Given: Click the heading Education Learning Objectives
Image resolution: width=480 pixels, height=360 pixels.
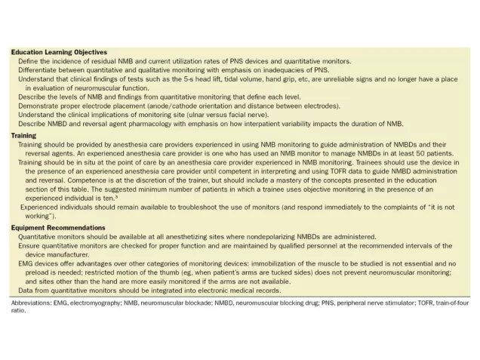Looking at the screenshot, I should [59, 52].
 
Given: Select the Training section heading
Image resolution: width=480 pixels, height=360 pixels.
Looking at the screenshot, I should [23, 135].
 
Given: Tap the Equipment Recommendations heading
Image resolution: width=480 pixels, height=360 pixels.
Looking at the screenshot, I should [59, 227].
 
